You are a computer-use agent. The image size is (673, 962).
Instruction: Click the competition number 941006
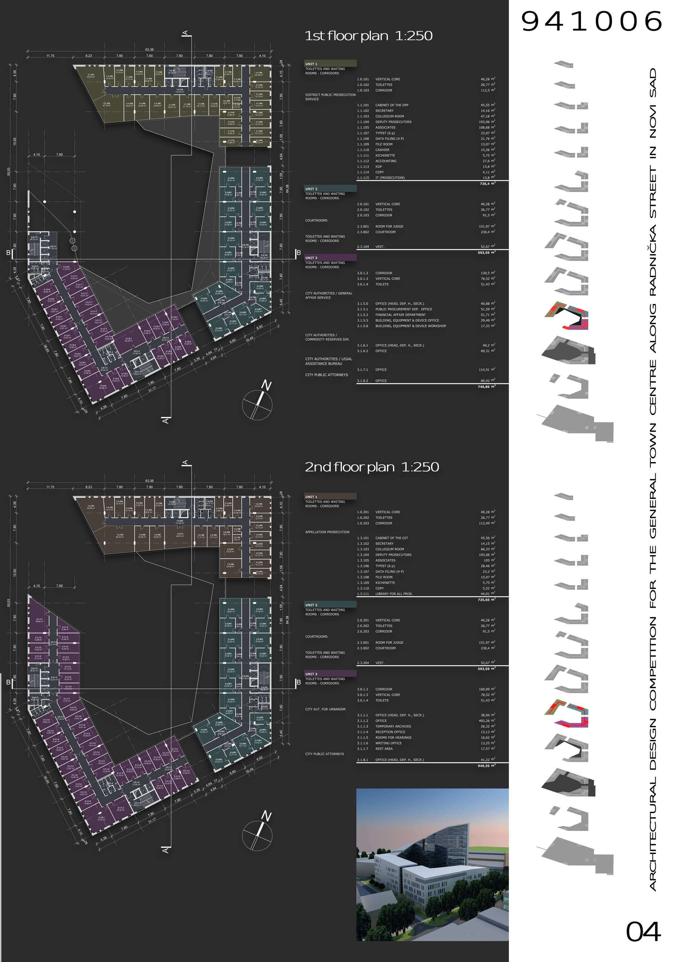[x=591, y=22]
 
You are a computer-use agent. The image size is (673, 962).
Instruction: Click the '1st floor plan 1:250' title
[x=369, y=36]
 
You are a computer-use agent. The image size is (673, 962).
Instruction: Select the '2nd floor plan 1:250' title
[x=372, y=467]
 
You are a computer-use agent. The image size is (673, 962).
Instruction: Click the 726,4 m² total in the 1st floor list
[x=487, y=183]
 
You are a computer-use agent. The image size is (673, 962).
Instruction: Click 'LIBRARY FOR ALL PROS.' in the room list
[x=394, y=594]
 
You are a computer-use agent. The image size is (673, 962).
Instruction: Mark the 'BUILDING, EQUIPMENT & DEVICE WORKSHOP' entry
[x=411, y=326]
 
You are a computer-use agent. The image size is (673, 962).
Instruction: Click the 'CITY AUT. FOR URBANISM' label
[x=325, y=709]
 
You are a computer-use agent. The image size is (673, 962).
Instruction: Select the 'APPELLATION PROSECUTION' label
[x=327, y=532]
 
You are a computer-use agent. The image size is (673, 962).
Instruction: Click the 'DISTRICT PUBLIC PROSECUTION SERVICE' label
[x=330, y=97]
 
